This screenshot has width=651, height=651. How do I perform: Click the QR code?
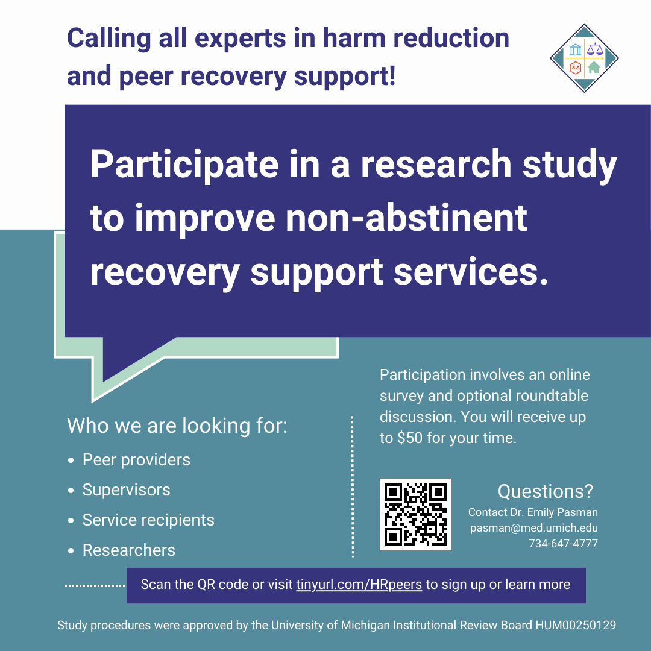[415, 514]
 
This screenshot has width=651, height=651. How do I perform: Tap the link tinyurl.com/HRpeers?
[359, 585]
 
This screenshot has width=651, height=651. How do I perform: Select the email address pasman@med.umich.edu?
[533, 528]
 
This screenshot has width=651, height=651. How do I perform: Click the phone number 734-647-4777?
[563, 544]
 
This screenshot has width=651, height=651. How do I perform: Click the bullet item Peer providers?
[136, 460]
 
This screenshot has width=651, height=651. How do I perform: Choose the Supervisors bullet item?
[126, 490]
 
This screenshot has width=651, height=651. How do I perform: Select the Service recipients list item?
[148, 520]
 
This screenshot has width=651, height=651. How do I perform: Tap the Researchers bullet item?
[128, 550]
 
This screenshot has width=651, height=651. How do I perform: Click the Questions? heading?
[545, 491]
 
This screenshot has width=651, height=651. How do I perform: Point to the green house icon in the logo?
[594, 68]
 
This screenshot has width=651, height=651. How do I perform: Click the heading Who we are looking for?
[177, 426]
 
